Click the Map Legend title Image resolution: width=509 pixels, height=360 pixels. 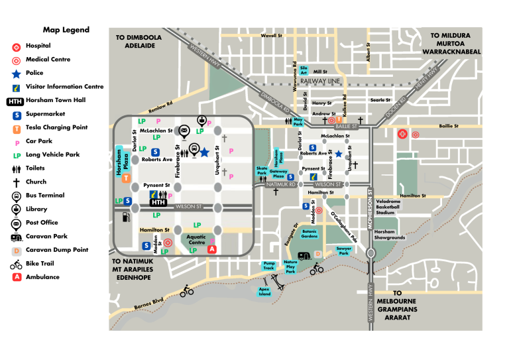[66, 30]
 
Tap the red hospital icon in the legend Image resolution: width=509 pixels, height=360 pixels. [16, 46]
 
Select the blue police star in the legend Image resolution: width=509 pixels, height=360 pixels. [16, 74]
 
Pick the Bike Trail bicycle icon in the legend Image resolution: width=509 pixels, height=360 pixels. [16, 265]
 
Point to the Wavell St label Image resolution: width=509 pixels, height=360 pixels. [272, 36]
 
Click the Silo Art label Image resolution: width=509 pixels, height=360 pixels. [304, 70]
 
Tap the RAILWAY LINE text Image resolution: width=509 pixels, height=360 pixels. [319, 81]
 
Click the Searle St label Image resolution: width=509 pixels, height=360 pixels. [380, 100]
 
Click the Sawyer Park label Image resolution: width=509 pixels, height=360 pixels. [343, 251]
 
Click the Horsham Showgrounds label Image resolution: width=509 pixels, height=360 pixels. [390, 234]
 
